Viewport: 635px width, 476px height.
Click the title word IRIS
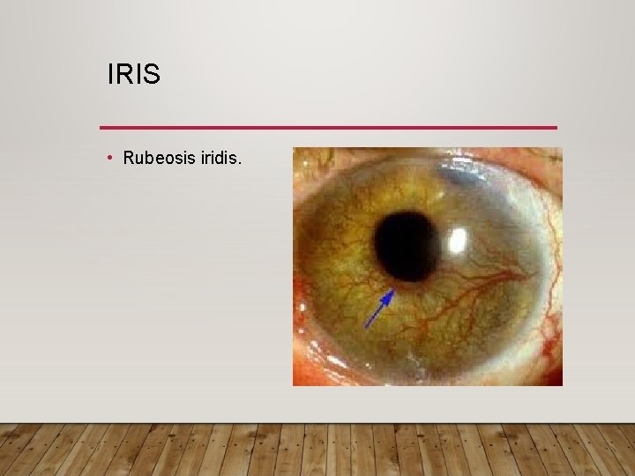pyautogui.click(x=133, y=75)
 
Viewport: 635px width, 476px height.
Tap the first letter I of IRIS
pyautogui.click(x=110, y=75)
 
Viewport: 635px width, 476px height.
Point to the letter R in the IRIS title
pyautogui.click(x=123, y=75)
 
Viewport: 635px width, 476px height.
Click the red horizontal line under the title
pyautogui.click(x=328, y=128)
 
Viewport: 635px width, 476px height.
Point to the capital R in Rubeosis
pyautogui.click(x=129, y=159)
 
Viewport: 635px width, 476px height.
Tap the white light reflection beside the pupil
pyautogui.click(x=458, y=238)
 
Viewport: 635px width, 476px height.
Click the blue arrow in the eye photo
pyautogui.click(x=379, y=309)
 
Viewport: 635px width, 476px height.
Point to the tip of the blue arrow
pyautogui.click(x=393, y=290)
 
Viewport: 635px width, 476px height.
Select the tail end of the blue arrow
pyautogui.click(x=366, y=327)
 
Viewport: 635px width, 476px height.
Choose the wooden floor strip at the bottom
pyautogui.click(x=317, y=450)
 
